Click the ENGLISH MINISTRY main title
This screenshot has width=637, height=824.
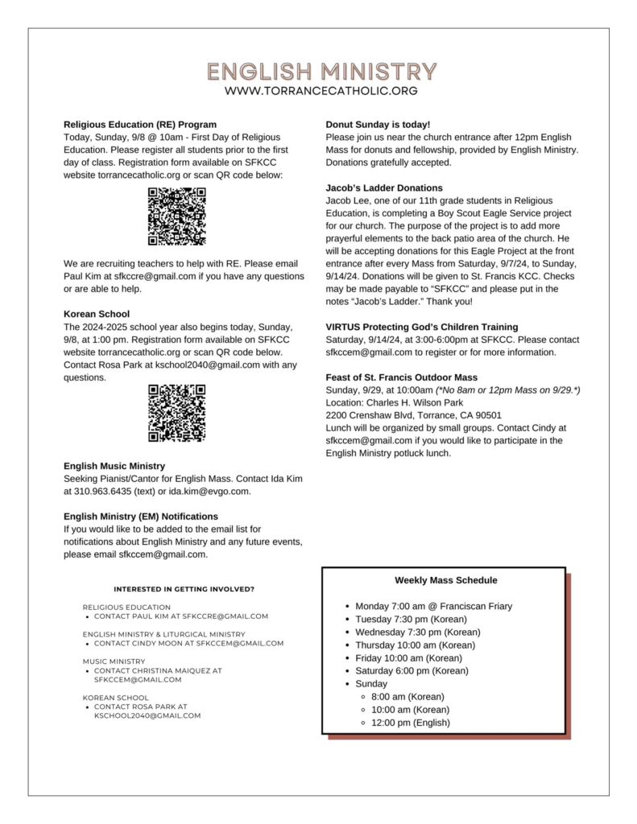tap(321, 72)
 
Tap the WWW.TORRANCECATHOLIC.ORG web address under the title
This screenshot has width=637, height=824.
tap(321, 91)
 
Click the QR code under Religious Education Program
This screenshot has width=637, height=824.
tap(177, 216)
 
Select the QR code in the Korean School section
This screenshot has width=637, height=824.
tap(177, 413)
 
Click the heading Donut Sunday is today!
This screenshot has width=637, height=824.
tap(378, 125)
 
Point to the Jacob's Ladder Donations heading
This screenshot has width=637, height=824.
tap(384, 187)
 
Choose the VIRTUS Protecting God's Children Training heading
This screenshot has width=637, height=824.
tap(422, 327)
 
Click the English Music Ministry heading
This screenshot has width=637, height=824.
tap(114, 466)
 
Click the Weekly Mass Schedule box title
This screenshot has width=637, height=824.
tap(445, 580)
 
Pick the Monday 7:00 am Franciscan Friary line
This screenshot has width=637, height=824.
tap(433, 606)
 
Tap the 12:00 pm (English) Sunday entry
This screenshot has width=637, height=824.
tap(410, 723)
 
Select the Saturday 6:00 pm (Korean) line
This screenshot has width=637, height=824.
tap(412, 670)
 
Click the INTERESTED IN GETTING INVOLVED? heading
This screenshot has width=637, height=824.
tap(184, 589)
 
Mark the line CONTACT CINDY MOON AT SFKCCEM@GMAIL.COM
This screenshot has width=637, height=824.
tap(188, 643)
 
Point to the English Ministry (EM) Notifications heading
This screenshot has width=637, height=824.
tap(141, 516)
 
